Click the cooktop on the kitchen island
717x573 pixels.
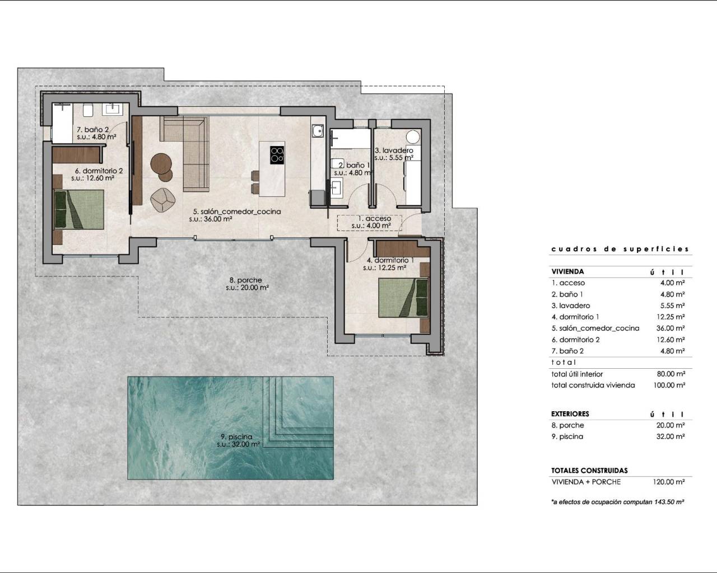click(x=277, y=154)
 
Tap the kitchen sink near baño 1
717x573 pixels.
click(x=318, y=131)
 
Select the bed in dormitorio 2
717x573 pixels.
click(x=80, y=209)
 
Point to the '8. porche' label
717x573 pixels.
click(x=245, y=280)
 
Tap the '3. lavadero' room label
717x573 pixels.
click(x=394, y=151)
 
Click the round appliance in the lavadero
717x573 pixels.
click(x=413, y=138)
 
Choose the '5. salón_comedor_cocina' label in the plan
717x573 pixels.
click(x=236, y=212)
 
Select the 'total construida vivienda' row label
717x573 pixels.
click(x=593, y=385)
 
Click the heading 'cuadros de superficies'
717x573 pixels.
click(x=620, y=250)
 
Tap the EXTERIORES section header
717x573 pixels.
click(x=570, y=414)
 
